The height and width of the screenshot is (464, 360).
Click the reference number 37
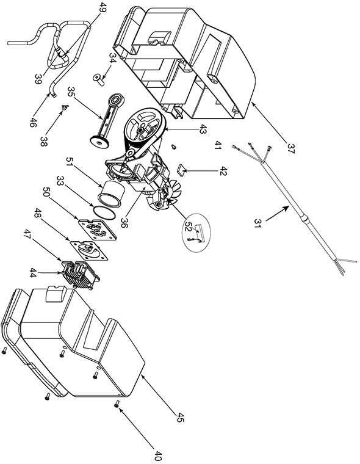[290, 147]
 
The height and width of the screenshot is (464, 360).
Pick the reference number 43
[203, 128]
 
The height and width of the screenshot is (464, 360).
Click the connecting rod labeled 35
[106, 120]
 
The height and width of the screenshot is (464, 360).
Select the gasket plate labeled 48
[89, 249]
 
